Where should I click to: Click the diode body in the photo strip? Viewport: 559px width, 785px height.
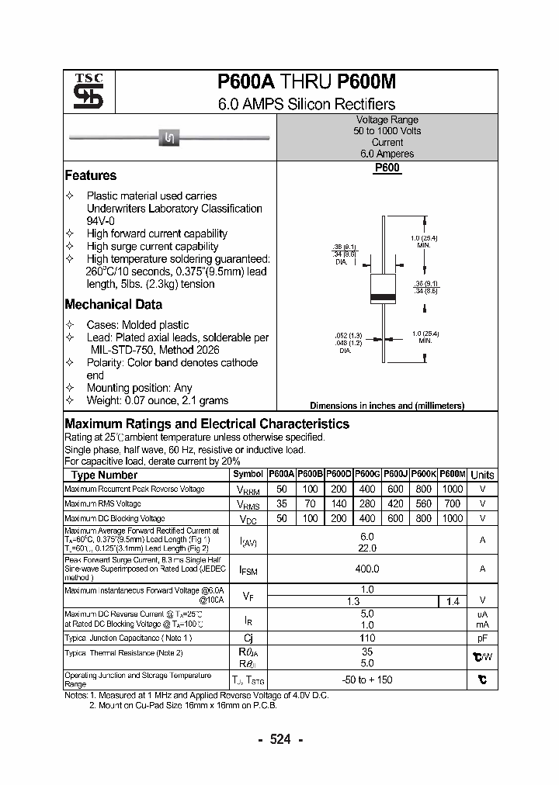pyautogui.click(x=170, y=138)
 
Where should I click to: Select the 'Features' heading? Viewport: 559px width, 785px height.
pyautogui.click(x=91, y=175)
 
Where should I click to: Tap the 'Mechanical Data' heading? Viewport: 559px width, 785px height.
pyautogui.click(x=113, y=305)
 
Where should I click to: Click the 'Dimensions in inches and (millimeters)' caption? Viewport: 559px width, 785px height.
pyautogui.click(x=387, y=406)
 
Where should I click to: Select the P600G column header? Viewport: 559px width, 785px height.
pyautogui.click(x=367, y=474)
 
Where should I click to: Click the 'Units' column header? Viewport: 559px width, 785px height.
pyautogui.click(x=482, y=475)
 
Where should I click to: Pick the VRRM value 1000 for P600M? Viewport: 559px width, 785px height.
pyautogui.click(x=452, y=489)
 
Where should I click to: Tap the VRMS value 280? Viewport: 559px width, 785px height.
pyautogui.click(x=367, y=503)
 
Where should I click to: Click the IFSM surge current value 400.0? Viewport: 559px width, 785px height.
pyautogui.click(x=367, y=569)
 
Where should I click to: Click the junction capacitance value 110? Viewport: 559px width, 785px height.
pyautogui.click(x=367, y=638)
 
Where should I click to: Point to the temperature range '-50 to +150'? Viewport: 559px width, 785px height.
pyautogui.click(x=367, y=680)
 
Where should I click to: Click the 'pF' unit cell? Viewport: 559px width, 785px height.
pyautogui.click(x=482, y=638)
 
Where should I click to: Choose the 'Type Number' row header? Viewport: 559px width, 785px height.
pyautogui.click(x=104, y=475)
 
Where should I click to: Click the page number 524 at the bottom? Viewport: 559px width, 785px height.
pyautogui.click(x=279, y=739)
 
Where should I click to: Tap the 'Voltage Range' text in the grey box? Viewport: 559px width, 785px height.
pyautogui.click(x=387, y=120)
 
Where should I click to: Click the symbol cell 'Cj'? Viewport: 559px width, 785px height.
pyautogui.click(x=248, y=638)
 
